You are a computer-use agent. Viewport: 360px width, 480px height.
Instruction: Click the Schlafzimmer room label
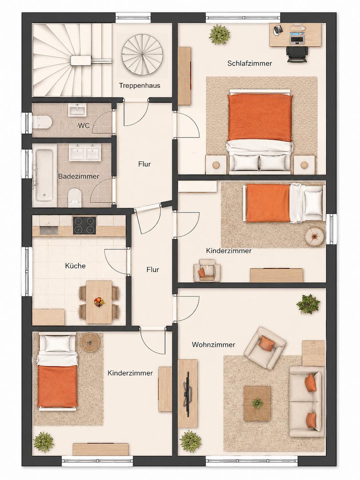[249, 64]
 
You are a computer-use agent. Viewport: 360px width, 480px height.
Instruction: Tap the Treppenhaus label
[140, 85]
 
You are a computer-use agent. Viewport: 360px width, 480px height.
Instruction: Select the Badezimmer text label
[79, 176]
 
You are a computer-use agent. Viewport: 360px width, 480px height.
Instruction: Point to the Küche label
[75, 266]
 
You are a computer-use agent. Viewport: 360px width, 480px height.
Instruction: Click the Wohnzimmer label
[213, 345]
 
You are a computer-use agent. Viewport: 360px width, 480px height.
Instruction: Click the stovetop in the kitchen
[84, 226]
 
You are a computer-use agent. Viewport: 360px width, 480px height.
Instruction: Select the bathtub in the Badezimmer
[44, 175]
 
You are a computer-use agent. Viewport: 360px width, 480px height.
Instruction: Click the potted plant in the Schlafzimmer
[220, 34]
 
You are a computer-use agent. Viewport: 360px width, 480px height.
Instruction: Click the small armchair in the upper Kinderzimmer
[207, 270]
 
